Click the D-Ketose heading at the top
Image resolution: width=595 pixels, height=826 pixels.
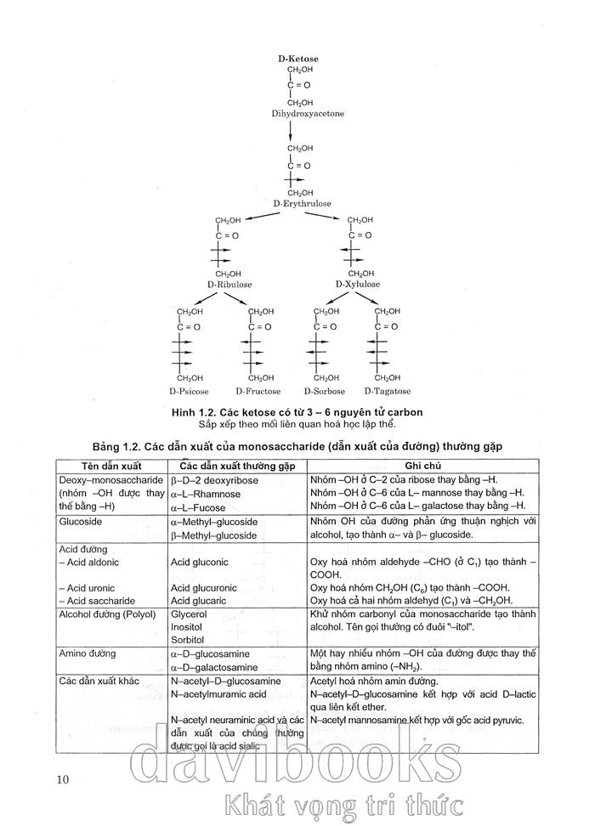297,59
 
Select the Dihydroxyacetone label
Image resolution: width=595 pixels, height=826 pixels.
308,114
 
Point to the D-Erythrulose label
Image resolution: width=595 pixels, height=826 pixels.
302,204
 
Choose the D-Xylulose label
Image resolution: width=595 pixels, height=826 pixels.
357,284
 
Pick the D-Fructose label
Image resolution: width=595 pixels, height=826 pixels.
258,392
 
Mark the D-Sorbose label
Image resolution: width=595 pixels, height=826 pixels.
324,392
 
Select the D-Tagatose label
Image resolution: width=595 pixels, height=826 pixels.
387,392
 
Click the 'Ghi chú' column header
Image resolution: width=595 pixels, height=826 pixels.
424,467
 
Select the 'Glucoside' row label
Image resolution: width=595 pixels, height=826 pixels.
81,522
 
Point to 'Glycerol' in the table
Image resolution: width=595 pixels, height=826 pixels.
189,614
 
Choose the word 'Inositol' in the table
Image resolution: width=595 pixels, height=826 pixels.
187,626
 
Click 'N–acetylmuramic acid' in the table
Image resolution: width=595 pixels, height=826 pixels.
218,694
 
